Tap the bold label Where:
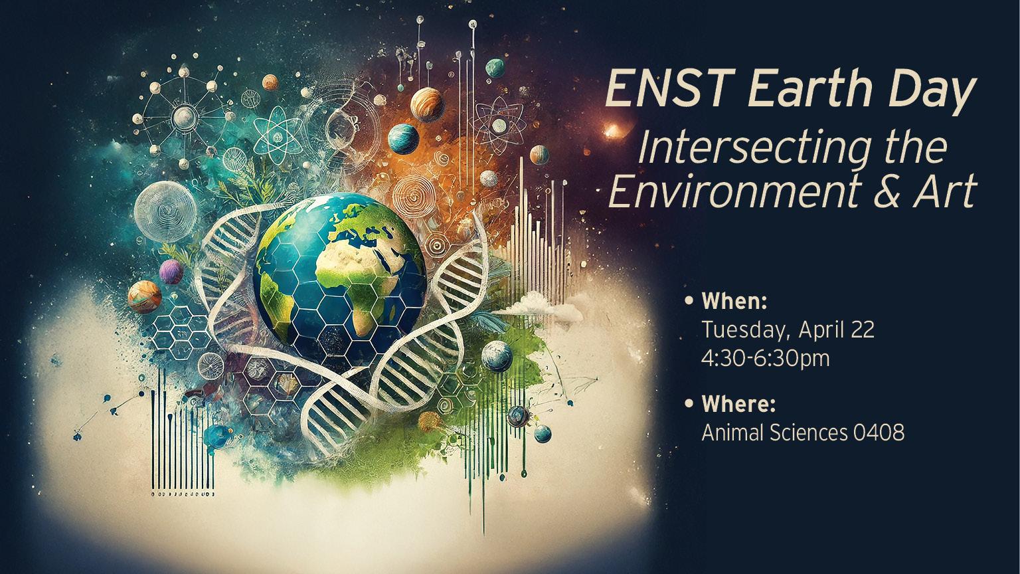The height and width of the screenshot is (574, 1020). point(738,404)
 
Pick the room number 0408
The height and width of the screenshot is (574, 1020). point(879,432)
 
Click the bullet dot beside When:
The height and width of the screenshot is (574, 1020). point(691,301)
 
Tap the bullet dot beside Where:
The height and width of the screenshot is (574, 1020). point(691,403)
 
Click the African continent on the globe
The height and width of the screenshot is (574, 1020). point(357,282)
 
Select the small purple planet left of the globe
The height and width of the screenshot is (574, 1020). point(171,272)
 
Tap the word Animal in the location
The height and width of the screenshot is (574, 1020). point(733,432)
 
